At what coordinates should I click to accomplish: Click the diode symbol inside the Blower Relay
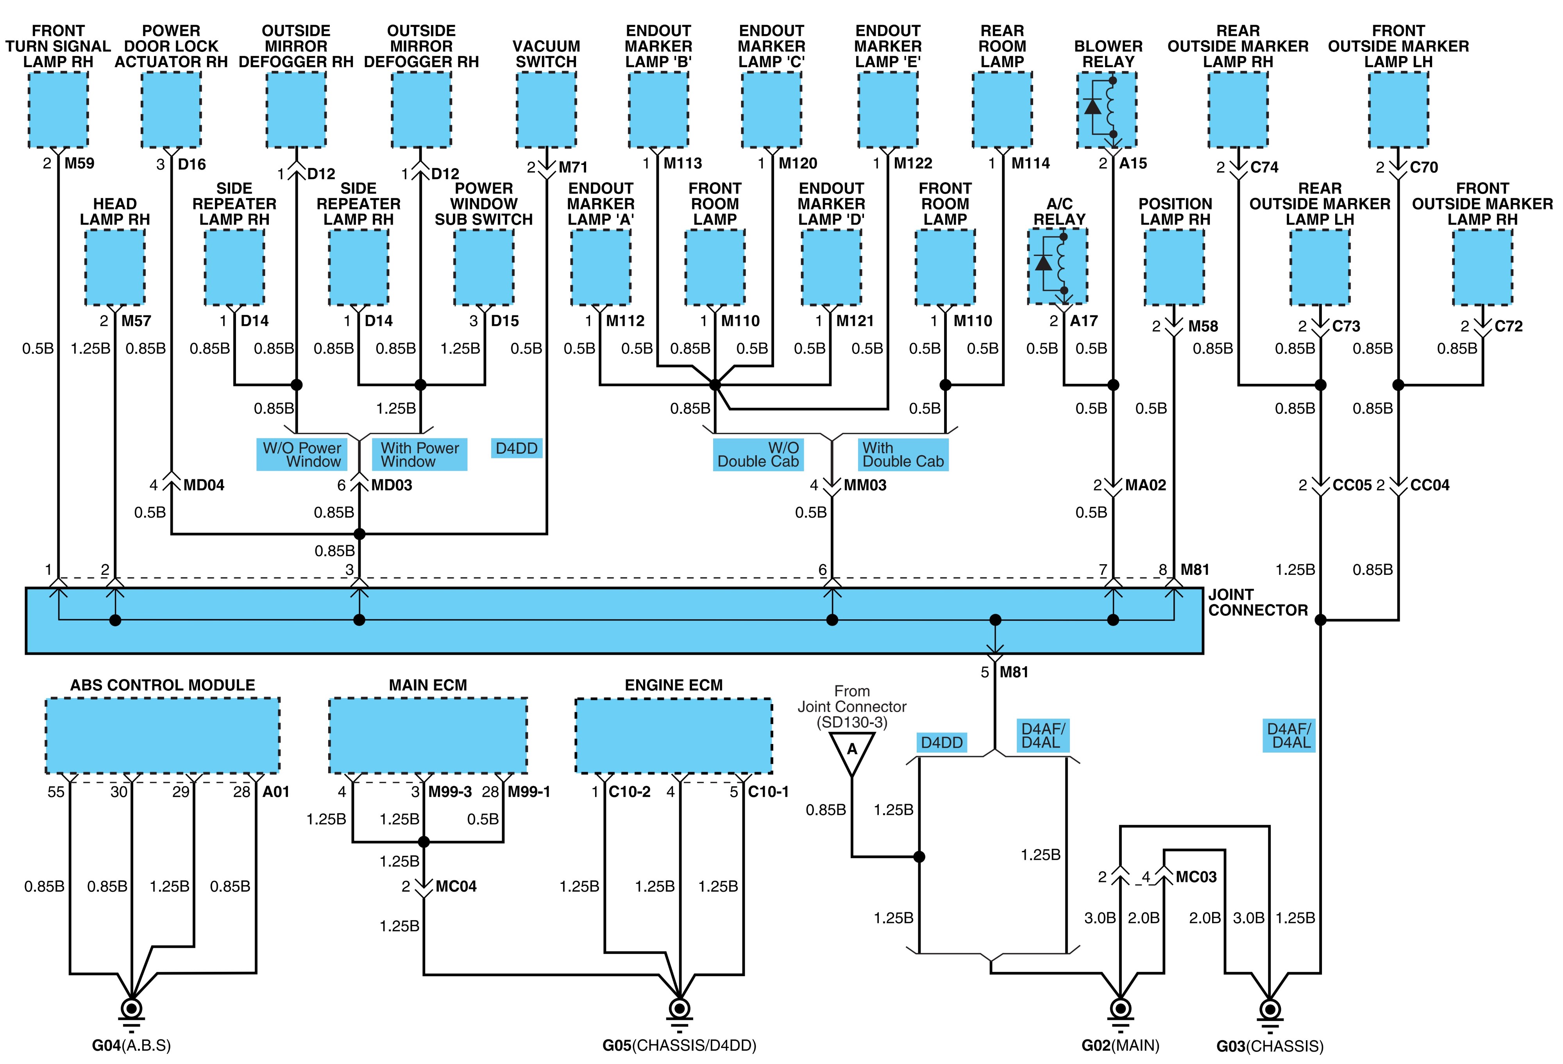pyautogui.click(x=1093, y=106)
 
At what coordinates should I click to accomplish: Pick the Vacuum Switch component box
pyautogui.click(x=546, y=110)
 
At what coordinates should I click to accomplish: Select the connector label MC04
pyautogui.click(x=456, y=887)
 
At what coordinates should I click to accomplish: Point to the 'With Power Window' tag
pyautogui.click(x=420, y=455)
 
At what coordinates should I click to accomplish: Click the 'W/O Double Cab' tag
pyautogui.click(x=758, y=455)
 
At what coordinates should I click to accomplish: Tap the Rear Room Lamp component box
pyautogui.click(x=1002, y=110)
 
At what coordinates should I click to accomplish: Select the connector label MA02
pyautogui.click(x=1145, y=485)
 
